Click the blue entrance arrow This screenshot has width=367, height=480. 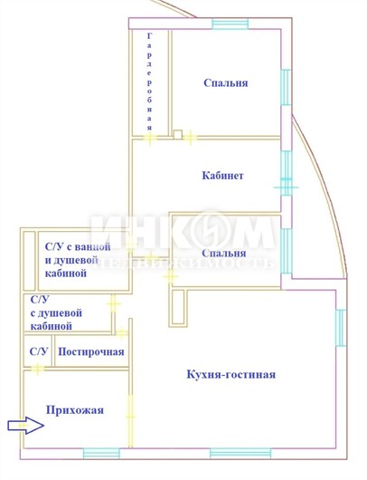(25, 425)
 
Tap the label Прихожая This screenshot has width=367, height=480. (75, 410)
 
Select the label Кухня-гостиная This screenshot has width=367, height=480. (231, 374)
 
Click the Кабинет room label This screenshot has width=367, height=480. (222, 176)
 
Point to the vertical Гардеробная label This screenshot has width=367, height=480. (149, 82)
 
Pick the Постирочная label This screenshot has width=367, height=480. (91, 352)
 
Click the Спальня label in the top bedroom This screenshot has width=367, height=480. (226, 83)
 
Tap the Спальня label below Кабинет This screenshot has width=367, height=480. (224, 254)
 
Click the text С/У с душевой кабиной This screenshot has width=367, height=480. (56, 312)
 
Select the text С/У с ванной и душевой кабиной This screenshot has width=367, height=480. (78, 260)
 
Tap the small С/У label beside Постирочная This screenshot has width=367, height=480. (39, 351)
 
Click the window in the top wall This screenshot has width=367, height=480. (231, 24)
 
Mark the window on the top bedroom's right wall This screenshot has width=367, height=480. (286, 87)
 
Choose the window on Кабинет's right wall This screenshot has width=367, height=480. (286, 173)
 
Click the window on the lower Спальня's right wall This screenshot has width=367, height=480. (287, 251)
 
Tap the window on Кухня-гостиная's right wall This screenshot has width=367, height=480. (341, 328)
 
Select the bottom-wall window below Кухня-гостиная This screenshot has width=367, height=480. (240, 454)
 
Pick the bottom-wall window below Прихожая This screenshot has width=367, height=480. (101, 454)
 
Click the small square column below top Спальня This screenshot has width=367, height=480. (177, 134)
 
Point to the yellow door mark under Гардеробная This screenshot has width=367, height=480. (150, 138)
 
